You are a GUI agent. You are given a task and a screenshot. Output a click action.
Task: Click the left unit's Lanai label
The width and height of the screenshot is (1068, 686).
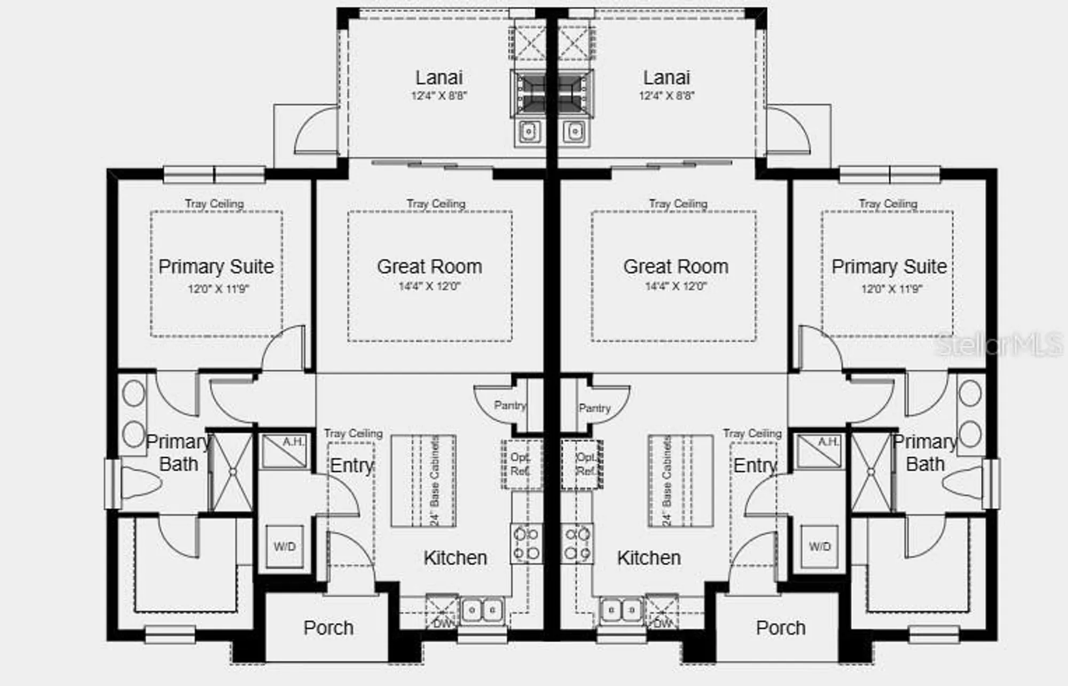(x=439, y=78)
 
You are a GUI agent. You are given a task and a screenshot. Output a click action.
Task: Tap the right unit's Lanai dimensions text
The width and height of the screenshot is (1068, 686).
(x=666, y=96)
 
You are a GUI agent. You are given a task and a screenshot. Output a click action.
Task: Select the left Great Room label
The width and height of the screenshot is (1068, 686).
(x=429, y=267)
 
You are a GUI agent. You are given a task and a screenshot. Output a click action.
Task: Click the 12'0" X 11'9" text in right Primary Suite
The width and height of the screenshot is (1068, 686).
(x=891, y=289)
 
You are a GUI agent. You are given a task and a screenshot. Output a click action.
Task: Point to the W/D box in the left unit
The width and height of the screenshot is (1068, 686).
(x=285, y=547)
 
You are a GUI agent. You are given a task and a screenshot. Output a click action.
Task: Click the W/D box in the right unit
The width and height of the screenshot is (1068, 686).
(x=819, y=547)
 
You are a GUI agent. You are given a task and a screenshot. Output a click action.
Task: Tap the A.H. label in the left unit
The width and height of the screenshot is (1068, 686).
(x=293, y=442)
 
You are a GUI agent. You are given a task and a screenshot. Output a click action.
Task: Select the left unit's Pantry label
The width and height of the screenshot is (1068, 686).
(x=509, y=406)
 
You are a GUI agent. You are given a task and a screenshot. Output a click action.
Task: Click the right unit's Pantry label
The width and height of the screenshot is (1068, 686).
(x=594, y=408)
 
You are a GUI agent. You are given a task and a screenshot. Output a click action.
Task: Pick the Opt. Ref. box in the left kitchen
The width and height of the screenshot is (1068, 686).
(x=520, y=464)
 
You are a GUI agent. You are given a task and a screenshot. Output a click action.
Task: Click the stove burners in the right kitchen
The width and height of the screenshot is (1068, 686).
(x=577, y=543)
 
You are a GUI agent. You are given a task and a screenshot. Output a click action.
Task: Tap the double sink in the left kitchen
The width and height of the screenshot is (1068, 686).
(x=482, y=610)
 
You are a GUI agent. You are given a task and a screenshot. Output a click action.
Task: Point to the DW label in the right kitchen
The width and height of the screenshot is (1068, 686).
(x=663, y=623)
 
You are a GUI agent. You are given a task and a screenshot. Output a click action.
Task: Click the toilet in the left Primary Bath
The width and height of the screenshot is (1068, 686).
(x=140, y=482)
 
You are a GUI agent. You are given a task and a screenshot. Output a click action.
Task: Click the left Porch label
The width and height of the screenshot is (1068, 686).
(x=328, y=628)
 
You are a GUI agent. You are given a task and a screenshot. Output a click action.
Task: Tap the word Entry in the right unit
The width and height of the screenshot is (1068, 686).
(x=755, y=465)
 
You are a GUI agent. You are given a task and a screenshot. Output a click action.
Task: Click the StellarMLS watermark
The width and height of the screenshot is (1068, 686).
(x=999, y=345)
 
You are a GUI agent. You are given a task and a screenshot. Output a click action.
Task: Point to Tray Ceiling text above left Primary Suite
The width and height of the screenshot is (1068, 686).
(x=214, y=204)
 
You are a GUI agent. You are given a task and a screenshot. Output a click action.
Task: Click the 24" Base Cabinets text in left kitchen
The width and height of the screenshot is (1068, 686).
(x=435, y=481)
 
